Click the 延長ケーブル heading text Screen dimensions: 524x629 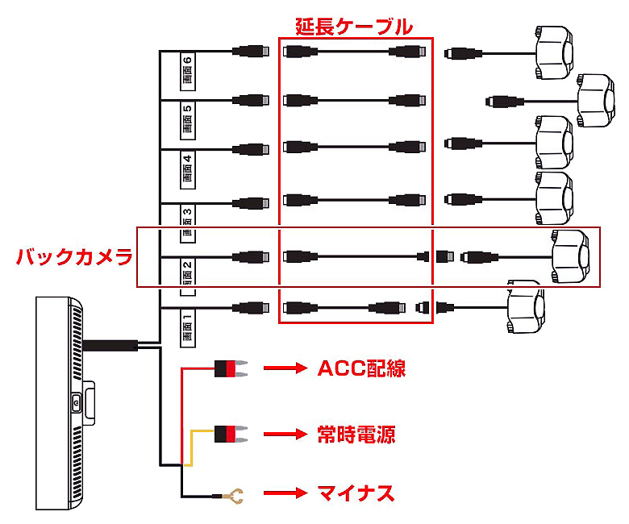coord(356,27)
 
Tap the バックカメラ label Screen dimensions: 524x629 coord(74,258)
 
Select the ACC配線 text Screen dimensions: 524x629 coord(360,369)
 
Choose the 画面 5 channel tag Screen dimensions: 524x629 coord(187,119)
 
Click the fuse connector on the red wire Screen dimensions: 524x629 coord(230,369)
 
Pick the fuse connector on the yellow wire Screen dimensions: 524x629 coord(230,435)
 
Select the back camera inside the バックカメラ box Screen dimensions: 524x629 coord(576,257)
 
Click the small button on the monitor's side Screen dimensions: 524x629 coord(76,401)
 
